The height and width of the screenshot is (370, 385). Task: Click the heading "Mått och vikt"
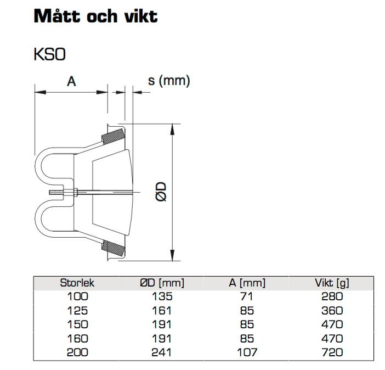coord(95,16)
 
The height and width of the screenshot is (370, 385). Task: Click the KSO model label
coord(49,54)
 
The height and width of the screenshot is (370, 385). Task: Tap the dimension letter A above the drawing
coord(71,81)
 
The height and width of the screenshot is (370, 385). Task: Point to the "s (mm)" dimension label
coord(169,81)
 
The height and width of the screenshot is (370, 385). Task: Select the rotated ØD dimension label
coord(161,192)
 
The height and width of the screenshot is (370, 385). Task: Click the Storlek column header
coord(77,283)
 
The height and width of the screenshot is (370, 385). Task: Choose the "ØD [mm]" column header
coord(162,283)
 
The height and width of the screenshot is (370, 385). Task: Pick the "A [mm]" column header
coord(247,283)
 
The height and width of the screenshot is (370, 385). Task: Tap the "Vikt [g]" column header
coord(332,283)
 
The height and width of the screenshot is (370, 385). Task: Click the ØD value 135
coord(162,296)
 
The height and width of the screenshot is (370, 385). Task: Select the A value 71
coord(247,296)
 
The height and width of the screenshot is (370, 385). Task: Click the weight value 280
coord(332,296)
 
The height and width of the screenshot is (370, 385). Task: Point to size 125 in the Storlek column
coord(77,311)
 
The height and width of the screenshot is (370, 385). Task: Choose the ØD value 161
coord(162,311)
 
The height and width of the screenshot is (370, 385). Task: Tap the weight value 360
coord(332,311)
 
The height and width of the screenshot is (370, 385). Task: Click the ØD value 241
coord(162,352)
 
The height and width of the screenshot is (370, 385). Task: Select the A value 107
coord(247,352)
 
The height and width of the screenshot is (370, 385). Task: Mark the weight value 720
coord(332,352)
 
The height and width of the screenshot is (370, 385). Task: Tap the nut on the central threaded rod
coord(76,192)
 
